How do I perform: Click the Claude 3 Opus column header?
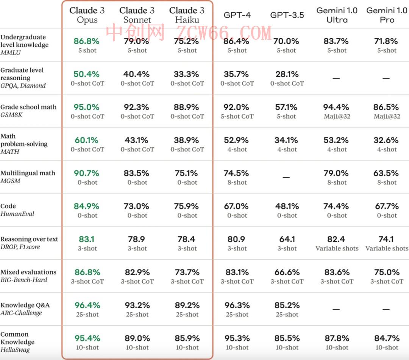click(x=87, y=15)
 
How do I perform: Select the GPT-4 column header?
click(x=237, y=15)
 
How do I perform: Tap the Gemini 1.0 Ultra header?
click(x=337, y=15)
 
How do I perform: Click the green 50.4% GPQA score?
click(x=87, y=74)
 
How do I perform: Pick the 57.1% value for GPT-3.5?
click(x=286, y=107)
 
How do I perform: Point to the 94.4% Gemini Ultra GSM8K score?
click(x=337, y=107)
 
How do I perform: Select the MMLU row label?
click(x=11, y=53)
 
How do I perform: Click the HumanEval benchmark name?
click(x=17, y=214)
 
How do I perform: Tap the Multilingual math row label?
click(x=28, y=173)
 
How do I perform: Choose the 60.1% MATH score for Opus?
click(x=87, y=140)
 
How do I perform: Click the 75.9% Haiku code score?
click(x=187, y=206)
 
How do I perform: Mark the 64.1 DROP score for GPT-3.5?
click(x=287, y=239)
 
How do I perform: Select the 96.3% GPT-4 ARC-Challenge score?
click(x=237, y=305)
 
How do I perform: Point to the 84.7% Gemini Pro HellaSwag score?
click(x=386, y=338)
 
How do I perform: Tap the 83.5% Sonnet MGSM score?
click(x=137, y=173)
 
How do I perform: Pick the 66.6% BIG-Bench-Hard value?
click(x=287, y=272)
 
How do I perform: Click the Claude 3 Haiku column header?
click(x=187, y=15)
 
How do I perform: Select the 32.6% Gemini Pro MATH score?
click(x=386, y=140)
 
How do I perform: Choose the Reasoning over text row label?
click(x=29, y=239)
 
